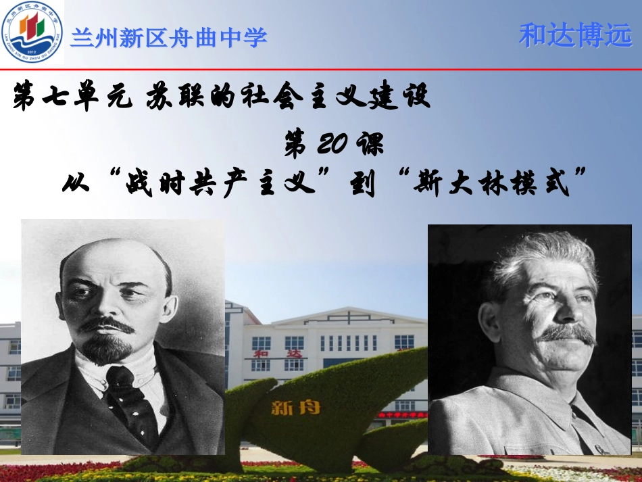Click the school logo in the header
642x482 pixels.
coord(32,33)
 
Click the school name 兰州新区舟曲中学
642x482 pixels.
coord(169,37)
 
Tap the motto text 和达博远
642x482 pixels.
coord(575,36)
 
